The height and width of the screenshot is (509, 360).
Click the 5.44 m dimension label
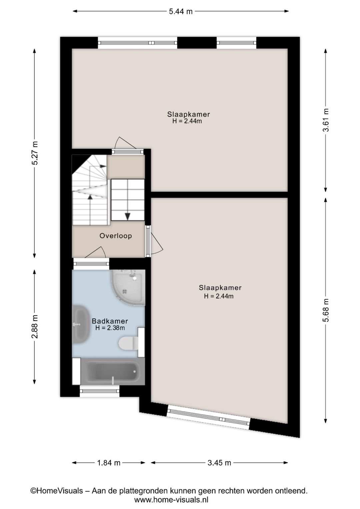181,11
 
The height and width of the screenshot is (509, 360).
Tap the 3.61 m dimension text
326,120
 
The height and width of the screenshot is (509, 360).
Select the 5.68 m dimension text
326,310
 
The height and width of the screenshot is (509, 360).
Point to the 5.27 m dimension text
35,153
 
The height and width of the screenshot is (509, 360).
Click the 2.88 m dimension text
35,327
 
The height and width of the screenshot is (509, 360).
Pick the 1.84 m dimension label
109,463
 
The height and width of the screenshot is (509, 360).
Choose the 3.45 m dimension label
219,463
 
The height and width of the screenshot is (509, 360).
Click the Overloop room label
116,236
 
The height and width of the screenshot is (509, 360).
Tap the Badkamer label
110,321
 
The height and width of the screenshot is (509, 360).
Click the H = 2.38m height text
110,328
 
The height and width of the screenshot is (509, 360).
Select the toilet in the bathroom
129,343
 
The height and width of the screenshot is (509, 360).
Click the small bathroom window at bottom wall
99,391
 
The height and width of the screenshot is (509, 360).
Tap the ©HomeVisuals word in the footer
57,491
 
